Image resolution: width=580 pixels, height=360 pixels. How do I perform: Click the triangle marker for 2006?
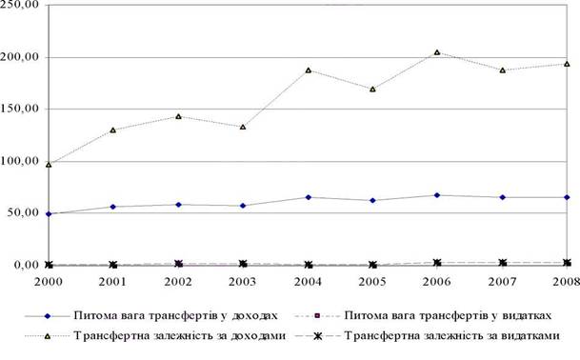coord(437,52)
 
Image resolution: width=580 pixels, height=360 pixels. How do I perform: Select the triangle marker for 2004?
coord(309,70)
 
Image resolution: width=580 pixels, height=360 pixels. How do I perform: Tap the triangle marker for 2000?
coord(49,164)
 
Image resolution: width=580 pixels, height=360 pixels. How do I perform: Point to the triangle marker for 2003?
coord(243,127)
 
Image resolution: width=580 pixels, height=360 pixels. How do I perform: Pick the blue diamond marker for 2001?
coord(113,207)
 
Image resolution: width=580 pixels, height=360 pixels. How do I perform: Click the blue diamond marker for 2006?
coord(437,195)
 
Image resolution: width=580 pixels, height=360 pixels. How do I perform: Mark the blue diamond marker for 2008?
coord(567,197)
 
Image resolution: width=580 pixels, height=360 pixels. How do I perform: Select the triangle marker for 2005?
coord(372,89)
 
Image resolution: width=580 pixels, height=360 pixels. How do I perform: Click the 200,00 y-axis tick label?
coord(20,58)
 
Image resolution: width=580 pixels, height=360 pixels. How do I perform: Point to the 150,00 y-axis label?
coord(20,110)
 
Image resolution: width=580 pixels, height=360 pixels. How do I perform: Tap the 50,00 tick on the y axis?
coord(23,212)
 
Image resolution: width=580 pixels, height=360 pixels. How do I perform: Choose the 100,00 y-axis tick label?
coord(20,162)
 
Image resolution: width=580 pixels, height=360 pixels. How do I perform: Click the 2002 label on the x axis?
coord(178,282)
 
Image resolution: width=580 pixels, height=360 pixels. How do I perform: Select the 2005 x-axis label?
coord(372,282)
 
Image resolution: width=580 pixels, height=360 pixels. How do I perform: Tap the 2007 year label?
coord(502,282)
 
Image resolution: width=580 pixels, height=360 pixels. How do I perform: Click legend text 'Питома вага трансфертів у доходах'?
coord(175,315)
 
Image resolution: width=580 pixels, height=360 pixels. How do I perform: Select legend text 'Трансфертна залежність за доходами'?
coord(180,335)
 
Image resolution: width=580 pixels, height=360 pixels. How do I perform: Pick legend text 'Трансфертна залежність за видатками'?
coord(452,335)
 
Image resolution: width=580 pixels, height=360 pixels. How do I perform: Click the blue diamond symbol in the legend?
coord(47,316)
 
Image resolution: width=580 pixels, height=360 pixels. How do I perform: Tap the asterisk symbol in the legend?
coord(317,336)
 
